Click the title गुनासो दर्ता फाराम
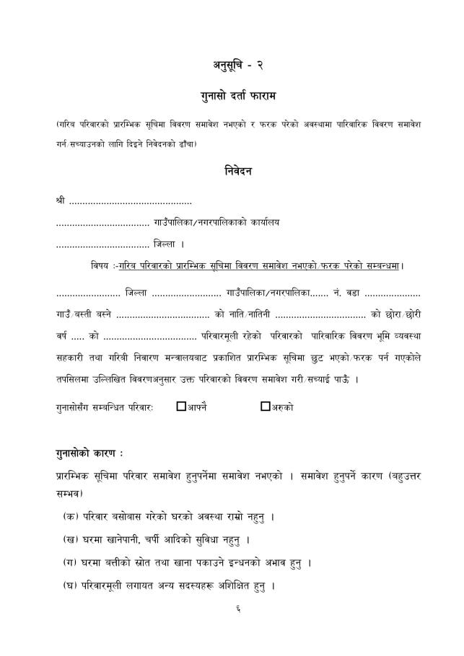click(x=232, y=96)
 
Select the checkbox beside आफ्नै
click(x=181, y=406)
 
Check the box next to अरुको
click(x=265, y=406)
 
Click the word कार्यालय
click(x=262, y=222)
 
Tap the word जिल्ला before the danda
click(x=169, y=244)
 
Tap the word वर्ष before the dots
click(x=63, y=336)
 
